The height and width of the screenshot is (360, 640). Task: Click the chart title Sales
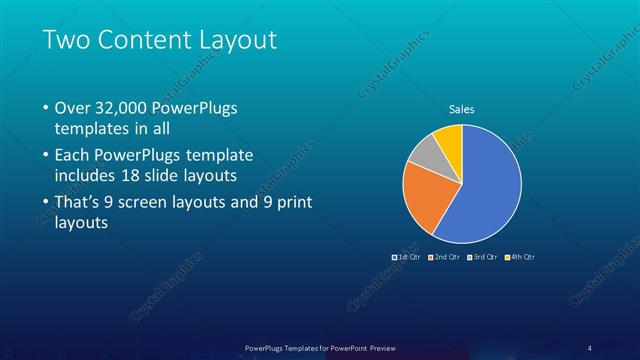pyautogui.click(x=461, y=109)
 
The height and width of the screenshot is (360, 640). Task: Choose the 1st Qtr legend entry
pyautogui.click(x=406, y=257)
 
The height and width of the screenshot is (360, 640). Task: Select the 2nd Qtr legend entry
pyautogui.click(x=444, y=257)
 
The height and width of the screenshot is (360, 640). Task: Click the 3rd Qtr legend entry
pyautogui.click(x=482, y=257)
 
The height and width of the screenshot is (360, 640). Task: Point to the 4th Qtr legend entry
pyautogui.click(x=520, y=257)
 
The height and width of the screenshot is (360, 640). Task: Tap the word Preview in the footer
pyautogui.click(x=381, y=346)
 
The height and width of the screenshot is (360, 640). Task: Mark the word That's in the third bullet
pyautogui.click(x=79, y=202)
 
